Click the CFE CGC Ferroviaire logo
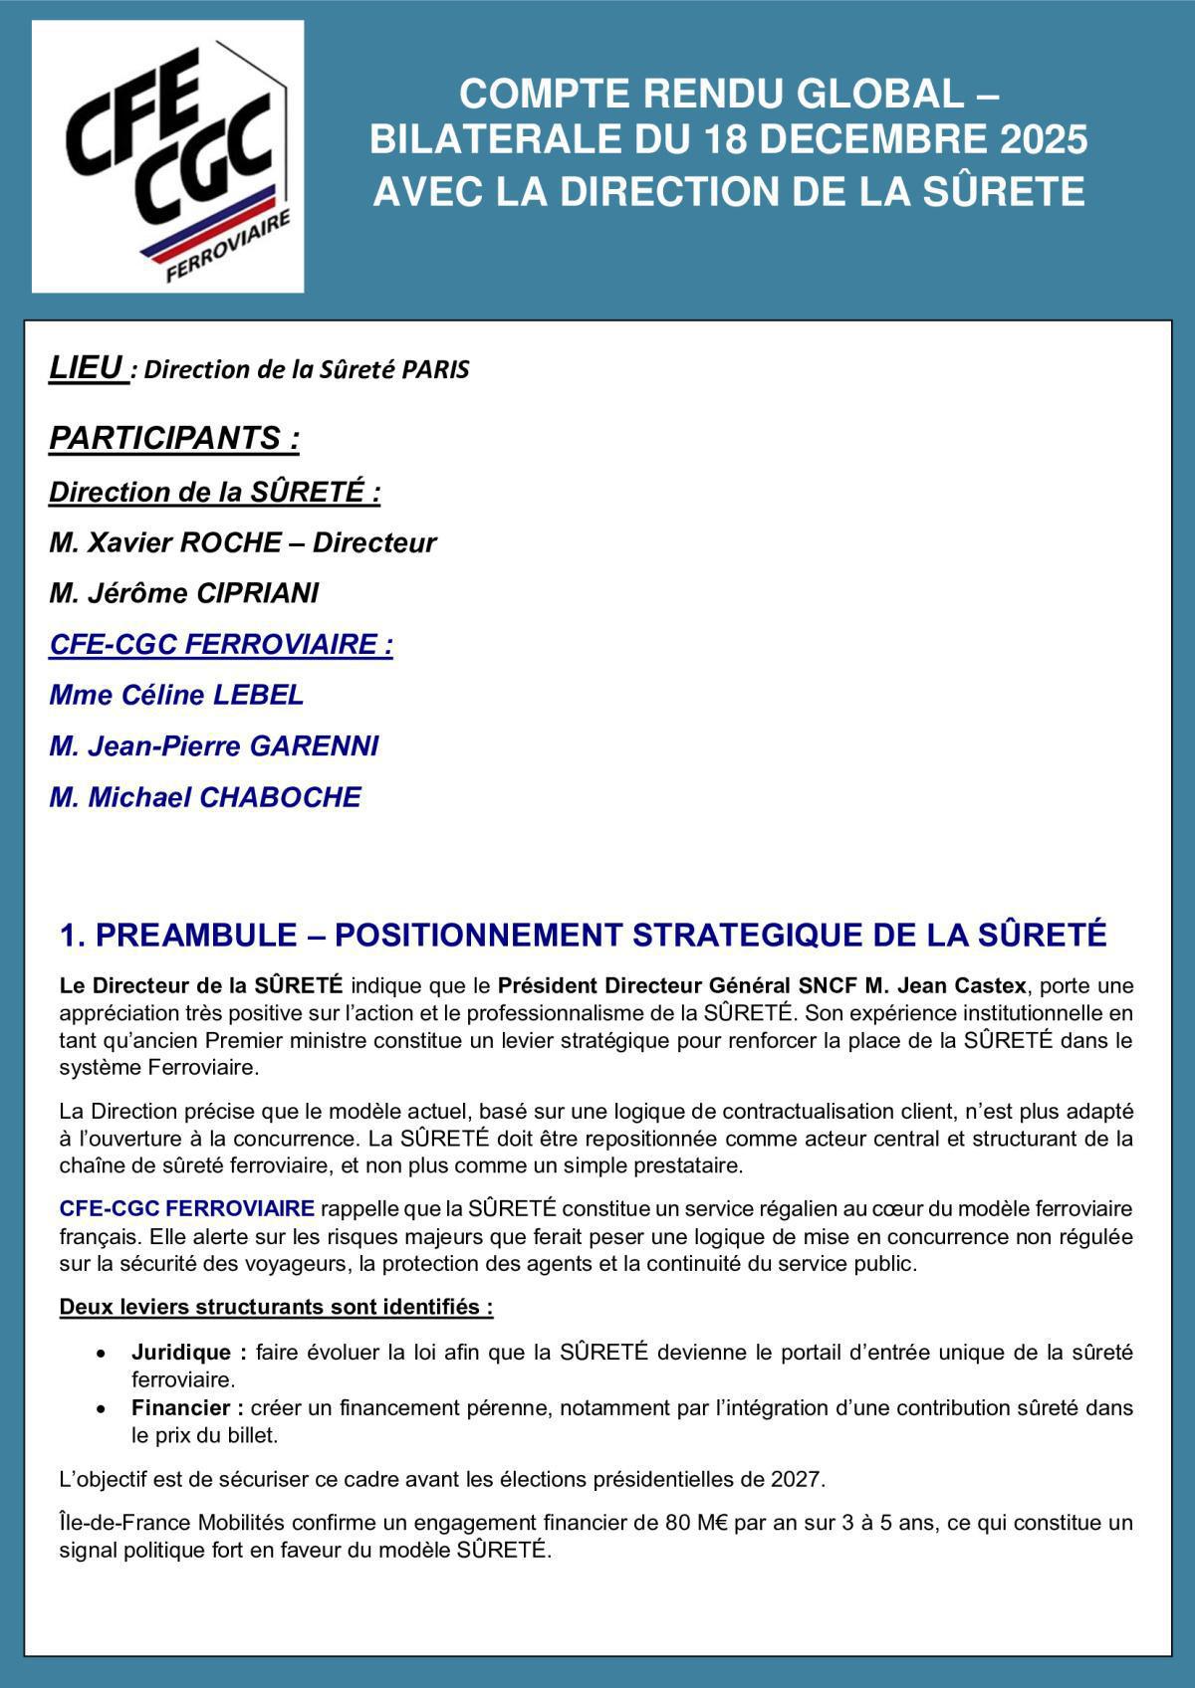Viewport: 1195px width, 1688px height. (167, 156)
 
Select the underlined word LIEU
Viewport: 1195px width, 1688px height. (87, 368)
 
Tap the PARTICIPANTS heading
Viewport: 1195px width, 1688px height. (174, 438)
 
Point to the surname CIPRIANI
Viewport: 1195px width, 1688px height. (258, 593)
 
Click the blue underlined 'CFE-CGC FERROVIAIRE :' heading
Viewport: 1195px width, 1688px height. (221, 644)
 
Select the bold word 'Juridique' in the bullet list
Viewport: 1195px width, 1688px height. (182, 1353)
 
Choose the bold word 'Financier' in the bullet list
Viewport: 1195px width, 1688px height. (181, 1408)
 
